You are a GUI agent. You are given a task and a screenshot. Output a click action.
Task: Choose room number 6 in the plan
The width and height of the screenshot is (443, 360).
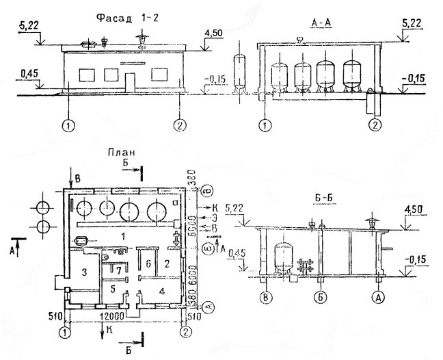point(146,263)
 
